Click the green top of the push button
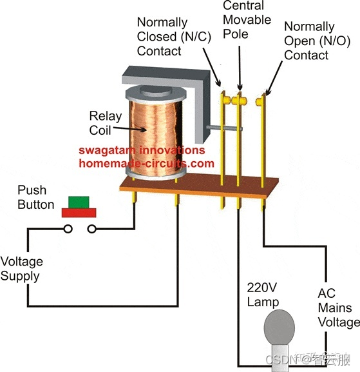pyautogui.click(x=79, y=202)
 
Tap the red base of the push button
pyautogui.click(x=79, y=213)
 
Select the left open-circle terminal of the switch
pyautogui.click(x=68, y=229)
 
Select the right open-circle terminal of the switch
pyautogui.click(x=91, y=229)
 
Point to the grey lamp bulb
pyautogui.click(x=279, y=329)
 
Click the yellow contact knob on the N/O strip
pyautogui.click(x=259, y=102)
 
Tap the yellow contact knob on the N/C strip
pyautogui.click(x=227, y=100)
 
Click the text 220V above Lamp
pyautogui.click(x=262, y=288)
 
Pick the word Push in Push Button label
pyautogui.click(x=32, y=190)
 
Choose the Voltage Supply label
pyautogui.click(x=21, y=269)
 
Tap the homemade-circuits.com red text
pyautogui.click(x=146, y=163)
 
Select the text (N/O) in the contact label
pyautogui.click(x=335, y=41)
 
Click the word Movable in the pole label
pyautogui.click(x=247, y=20)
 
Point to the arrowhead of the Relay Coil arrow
pyautogui.click(x=144, y=130)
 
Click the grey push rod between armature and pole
pyautogui.click(x=224, y=128)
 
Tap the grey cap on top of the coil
pyautogui.click(x=155, y=90)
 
